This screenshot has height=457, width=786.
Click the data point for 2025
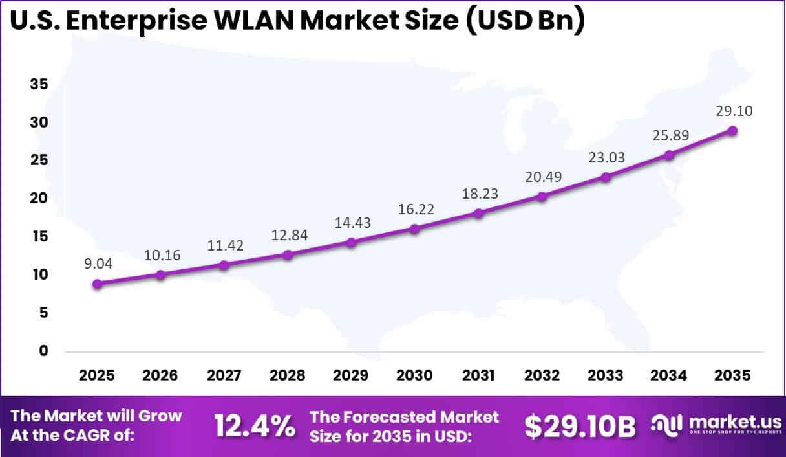pyautogui.click(x=97, y=284)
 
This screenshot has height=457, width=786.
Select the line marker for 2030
pyautogui.click(x=414, y=229)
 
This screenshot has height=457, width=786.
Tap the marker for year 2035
pyautogui.click(x=732, y=130)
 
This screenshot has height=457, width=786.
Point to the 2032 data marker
pyautogui.click(x=542, y=196)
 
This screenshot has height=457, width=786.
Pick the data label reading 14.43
pyautogui.click(x=351, y=221)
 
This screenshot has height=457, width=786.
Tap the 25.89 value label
pyautogui.click(x=669, y=135)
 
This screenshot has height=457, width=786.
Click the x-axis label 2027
pyautogui.click(x=224, y=376)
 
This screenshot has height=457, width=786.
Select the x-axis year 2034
pyautogui.click(x=669, y=376)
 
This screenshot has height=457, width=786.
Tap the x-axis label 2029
pyautogui.click(x=351, y=376)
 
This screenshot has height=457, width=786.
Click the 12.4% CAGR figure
pyautogui.click(x=255, y=425)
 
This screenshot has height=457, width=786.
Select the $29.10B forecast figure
pyautogui.click(x=580, y=425)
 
